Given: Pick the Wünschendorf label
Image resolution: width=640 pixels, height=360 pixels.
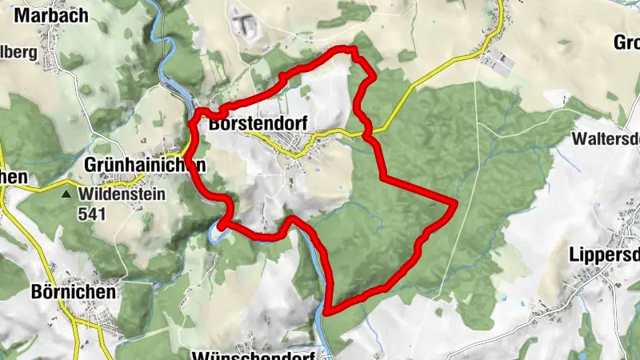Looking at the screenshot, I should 256,353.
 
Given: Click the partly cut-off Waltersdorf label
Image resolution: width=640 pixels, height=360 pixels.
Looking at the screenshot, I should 606,138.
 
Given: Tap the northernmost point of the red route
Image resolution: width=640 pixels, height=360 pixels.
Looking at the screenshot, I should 346,49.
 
